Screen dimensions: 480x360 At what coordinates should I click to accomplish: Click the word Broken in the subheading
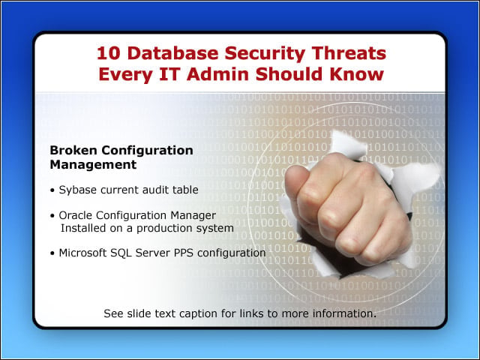tap(73, 150)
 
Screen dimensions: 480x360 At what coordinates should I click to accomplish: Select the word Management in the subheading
tap(93, 165)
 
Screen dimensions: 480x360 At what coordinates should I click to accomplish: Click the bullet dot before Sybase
tap(52, 190)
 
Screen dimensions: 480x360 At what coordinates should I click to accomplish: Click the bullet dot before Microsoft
tap(52, 253)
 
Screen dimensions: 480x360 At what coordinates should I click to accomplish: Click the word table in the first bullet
tap(185, 190)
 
